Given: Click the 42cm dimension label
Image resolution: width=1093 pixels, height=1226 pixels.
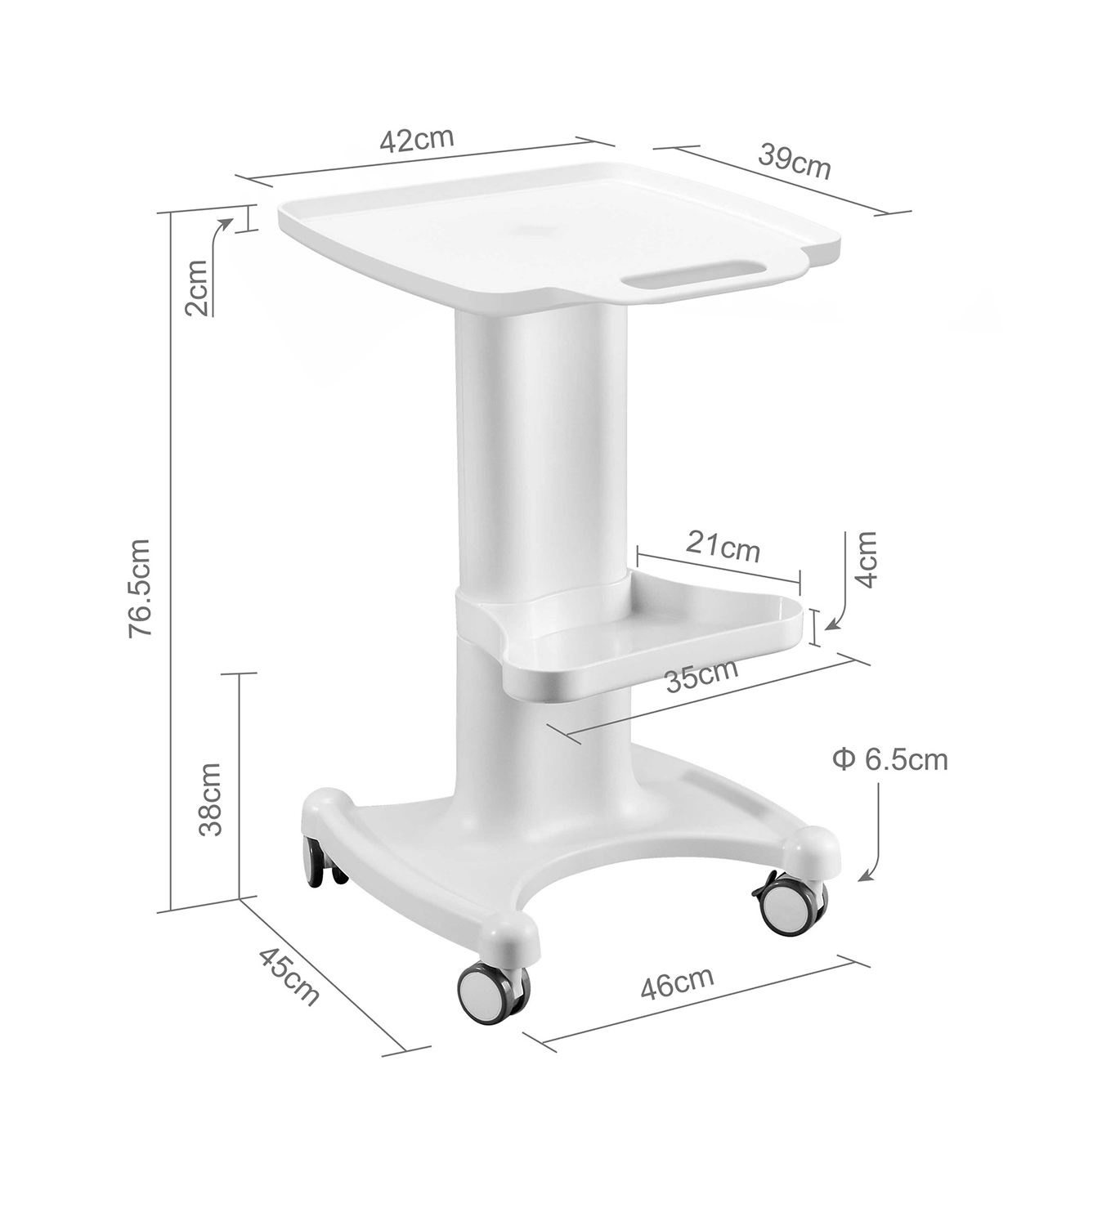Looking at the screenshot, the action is click(416, 141).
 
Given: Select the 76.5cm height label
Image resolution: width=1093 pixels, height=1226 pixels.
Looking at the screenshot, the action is click(140, 588).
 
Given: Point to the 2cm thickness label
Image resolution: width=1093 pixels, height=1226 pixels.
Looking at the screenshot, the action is click(197, 288).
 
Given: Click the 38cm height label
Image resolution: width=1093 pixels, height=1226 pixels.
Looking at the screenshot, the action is click(211, 799).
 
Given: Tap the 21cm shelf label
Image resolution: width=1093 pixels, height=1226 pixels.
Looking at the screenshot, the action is click(723, 548).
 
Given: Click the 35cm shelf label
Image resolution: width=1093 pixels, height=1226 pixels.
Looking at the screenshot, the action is click(702, 676).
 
